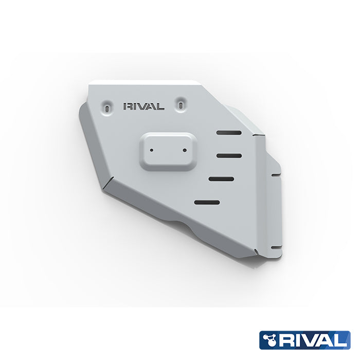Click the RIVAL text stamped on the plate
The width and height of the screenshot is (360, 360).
coord(143,107)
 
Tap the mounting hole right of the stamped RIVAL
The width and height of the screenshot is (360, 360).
coord(182,103)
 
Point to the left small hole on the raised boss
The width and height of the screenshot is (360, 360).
coord(152,151)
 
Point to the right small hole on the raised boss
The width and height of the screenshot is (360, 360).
coord(184,150)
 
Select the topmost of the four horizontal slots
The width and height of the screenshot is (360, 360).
coord(229,133)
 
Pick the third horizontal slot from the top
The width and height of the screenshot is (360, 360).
coord(221,178)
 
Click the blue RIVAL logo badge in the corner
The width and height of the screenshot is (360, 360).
coord(304,340)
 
